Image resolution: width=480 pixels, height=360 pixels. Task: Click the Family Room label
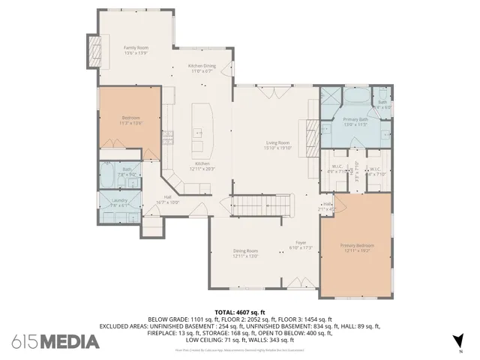[x=136, y=50]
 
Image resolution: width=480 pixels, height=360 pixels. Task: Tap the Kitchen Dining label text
[x=201, y=68]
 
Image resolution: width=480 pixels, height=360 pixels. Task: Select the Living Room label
[x=277, y=145]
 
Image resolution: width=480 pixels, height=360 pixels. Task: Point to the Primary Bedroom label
[x=357, y=247]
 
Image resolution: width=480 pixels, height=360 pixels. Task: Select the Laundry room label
[x=119, y=203]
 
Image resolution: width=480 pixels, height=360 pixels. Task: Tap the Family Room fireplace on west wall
[x=94, y=49]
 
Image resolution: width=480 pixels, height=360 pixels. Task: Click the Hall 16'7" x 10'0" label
[x=167, y=200]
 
